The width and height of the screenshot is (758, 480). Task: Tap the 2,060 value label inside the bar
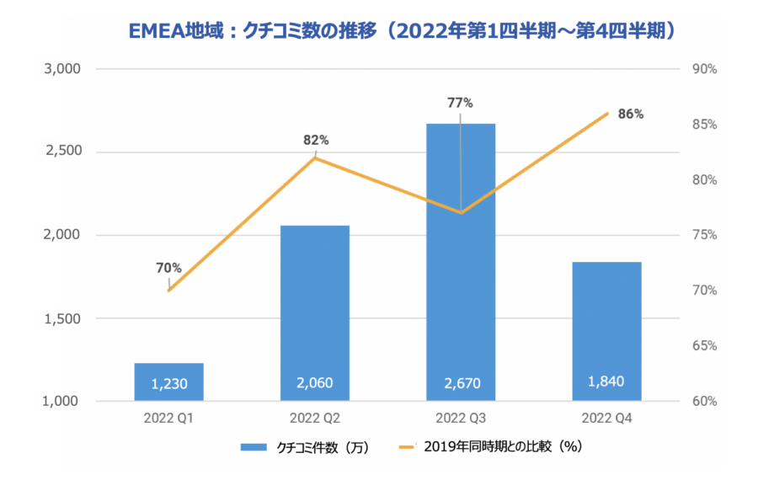tap(315, 383)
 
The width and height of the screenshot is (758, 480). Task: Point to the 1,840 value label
tap(607, 381)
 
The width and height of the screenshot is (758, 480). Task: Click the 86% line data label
tap(630, 114)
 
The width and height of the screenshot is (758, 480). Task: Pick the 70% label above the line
tap(168, 268)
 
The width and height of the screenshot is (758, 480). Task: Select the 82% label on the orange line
tap(316, 140)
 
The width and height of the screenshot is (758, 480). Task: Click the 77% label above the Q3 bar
tap(461, 103)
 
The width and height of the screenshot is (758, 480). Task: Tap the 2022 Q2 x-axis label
tap(315, 418)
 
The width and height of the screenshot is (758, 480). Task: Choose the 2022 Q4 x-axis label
tap(607, 418)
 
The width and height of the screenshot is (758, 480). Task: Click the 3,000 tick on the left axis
tap(61, 69)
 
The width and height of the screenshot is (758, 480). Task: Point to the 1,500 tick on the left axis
tap(61, 319)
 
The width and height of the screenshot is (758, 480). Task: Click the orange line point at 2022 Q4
tap(607, 114)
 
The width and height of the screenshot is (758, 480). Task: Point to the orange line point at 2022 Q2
tap(315, 157)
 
